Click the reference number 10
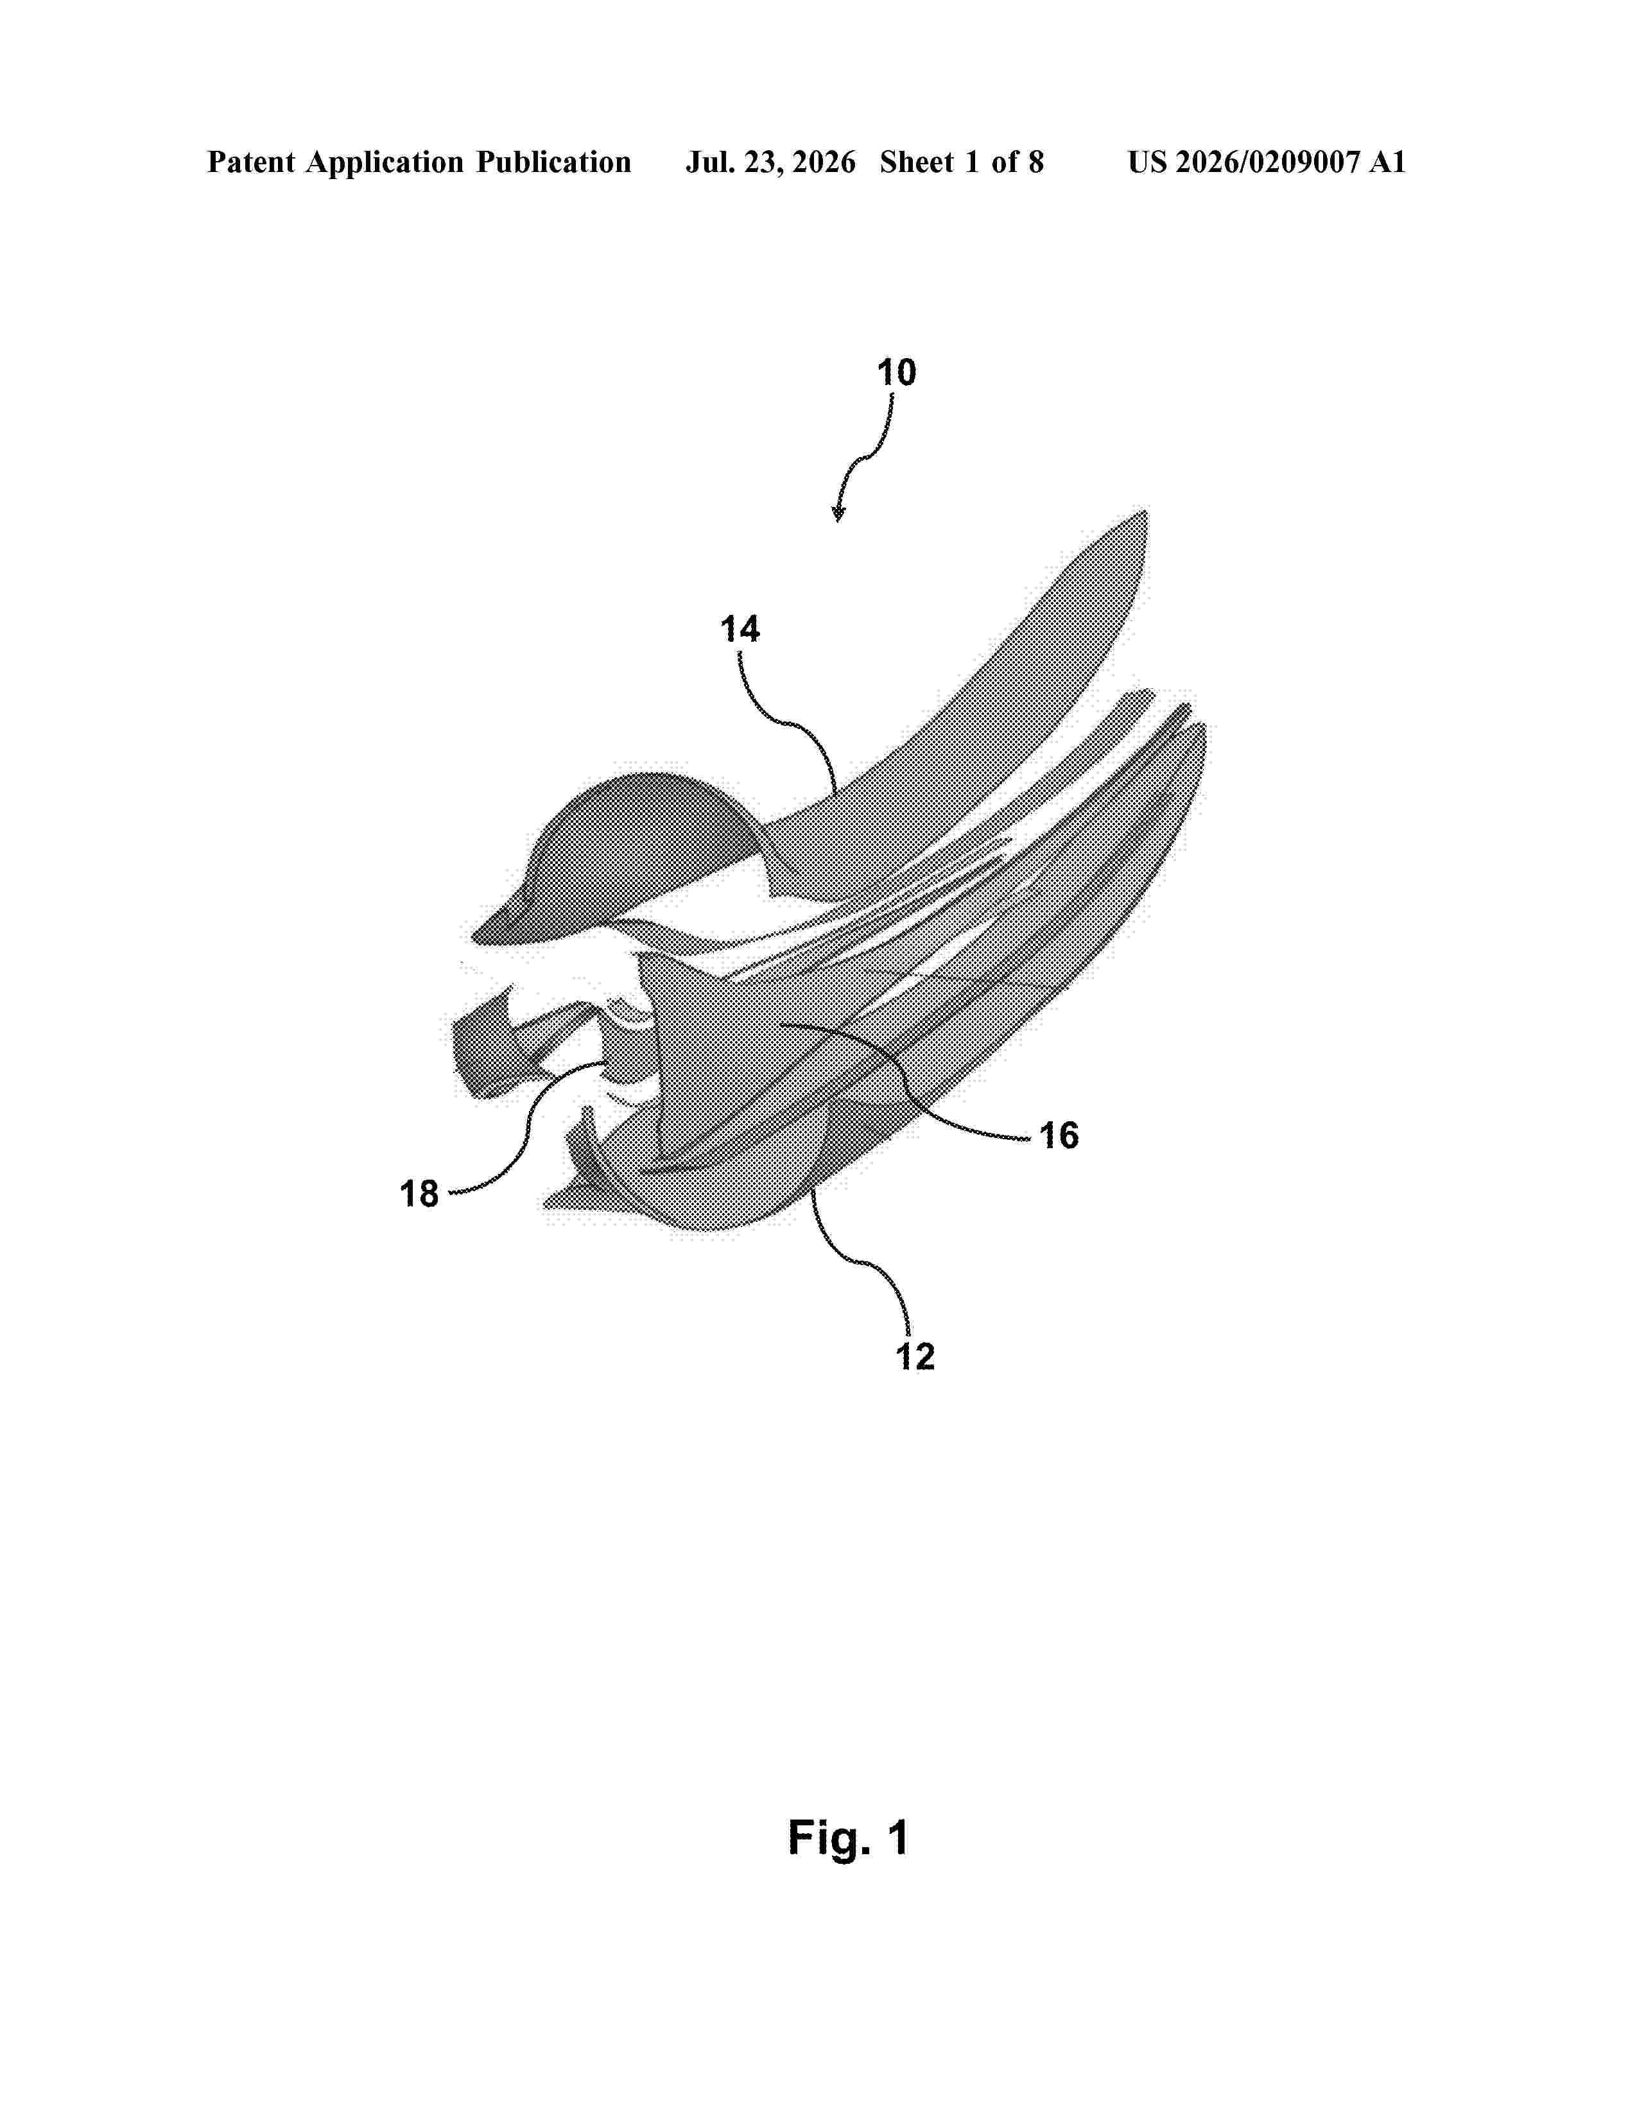(x=897, y=372)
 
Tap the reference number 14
(x=740, y=630)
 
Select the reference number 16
(x=1059, y=1135)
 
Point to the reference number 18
(x=420, y=1194)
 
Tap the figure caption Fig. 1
(x=849, y=1838)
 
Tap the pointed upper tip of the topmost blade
(x=1145, y=511)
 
